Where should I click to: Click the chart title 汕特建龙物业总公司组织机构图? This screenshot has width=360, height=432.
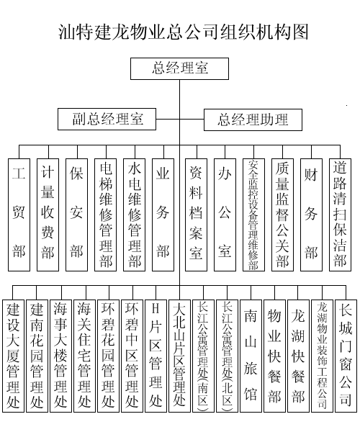coord(183,32)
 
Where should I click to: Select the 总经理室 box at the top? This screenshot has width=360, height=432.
coord(179,68)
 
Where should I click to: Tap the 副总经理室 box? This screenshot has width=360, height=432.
coord(107,119)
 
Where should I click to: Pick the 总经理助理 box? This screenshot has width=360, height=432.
coord(253,120)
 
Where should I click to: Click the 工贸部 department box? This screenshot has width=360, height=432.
coord(19,215)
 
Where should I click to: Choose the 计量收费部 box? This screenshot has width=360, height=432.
coord(48,215)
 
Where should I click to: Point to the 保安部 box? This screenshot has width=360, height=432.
coord(76,215)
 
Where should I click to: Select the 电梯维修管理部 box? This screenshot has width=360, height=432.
coord(106,215)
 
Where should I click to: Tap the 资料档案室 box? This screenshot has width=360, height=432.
coord(196,215)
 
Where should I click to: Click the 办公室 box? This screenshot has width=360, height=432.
coord(225,215)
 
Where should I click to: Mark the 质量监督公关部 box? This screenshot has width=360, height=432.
coord(282,215)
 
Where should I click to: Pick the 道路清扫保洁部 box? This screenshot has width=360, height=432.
coord(340,215)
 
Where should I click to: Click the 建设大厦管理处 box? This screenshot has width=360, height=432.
coord(13,356)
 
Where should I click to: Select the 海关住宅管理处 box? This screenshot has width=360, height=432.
coord(84,356)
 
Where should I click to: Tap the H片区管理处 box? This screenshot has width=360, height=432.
coord(156,356)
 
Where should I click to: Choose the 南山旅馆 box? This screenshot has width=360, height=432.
coord(251,356)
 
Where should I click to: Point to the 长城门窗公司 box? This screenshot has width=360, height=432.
coord(346,356)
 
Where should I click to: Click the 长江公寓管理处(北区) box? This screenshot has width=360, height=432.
coord(228,356)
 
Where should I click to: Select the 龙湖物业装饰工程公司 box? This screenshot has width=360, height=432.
coord(323,356)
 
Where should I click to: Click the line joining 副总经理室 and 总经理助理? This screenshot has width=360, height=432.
coord(180,120)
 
